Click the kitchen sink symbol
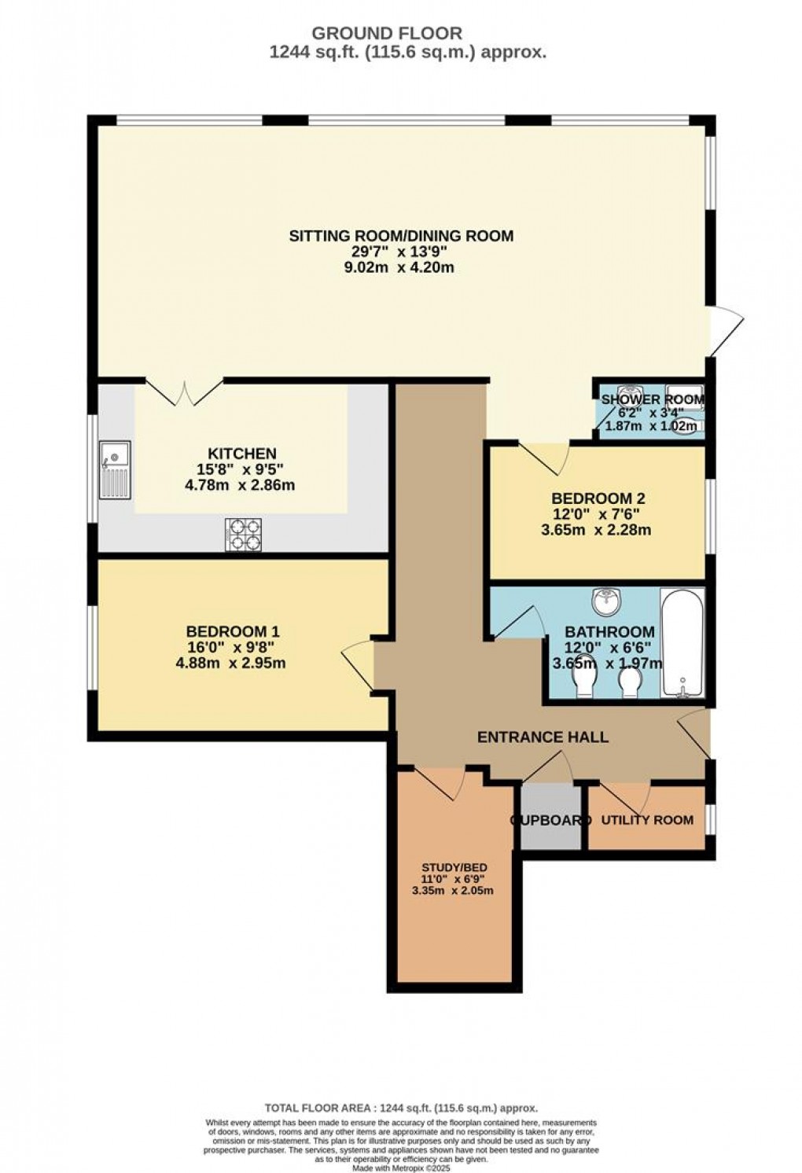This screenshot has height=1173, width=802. (115, 470)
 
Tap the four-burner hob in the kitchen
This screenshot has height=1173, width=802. (243, 535)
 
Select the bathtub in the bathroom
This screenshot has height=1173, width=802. (682, 642)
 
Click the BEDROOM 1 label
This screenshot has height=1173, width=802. (233, 631)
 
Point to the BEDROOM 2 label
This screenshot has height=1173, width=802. (598, 498)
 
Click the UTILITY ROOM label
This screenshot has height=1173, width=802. (647, 820)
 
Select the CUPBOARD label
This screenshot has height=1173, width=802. (550, 820)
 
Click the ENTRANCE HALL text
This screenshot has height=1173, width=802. (543, 737)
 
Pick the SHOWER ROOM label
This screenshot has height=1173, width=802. (653, 399)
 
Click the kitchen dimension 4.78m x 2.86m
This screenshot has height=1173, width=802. (240, 485)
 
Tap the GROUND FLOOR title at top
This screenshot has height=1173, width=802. (387, 33)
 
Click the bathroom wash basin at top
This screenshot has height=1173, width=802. (606, 601)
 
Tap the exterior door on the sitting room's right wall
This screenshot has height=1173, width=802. (724, 330)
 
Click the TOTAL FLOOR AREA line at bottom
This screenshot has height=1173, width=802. (401, 1107)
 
